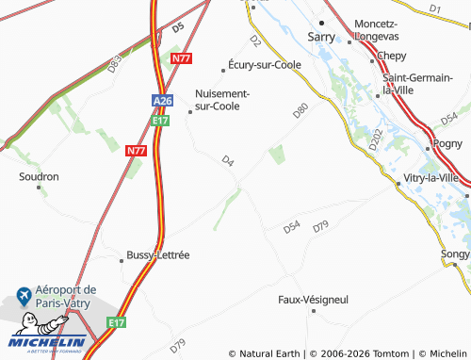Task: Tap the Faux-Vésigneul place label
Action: click(x=313, y=299)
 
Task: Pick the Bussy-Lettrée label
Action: click(x=158, y=254)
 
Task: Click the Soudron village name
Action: click(x=39, y=176)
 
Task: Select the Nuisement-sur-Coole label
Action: click(x=222, y=100)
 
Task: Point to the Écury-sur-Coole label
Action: click(x=263, y=66)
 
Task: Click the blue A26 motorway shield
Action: click(x=161, y=100)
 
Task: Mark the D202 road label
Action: click(x=375, y=140)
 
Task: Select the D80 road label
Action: click(x=300, y=111)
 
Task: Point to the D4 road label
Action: click(x=227, y=161)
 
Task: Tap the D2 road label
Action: click(x=254, y=41)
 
